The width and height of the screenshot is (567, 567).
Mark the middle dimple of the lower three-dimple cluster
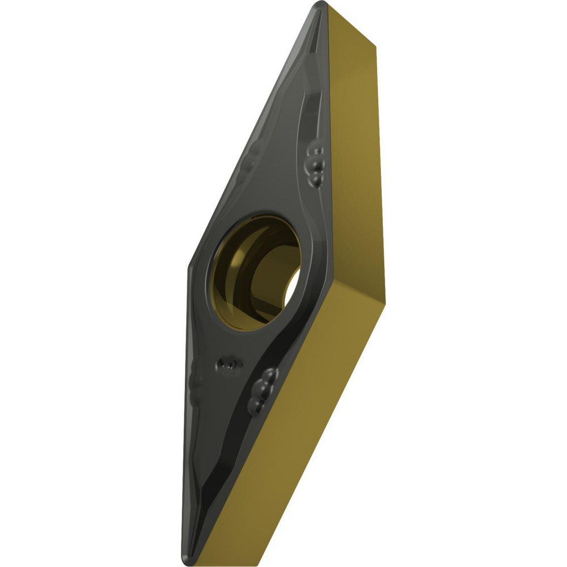(x=261, y=390)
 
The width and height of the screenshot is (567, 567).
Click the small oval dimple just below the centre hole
(x=229, y=363)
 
